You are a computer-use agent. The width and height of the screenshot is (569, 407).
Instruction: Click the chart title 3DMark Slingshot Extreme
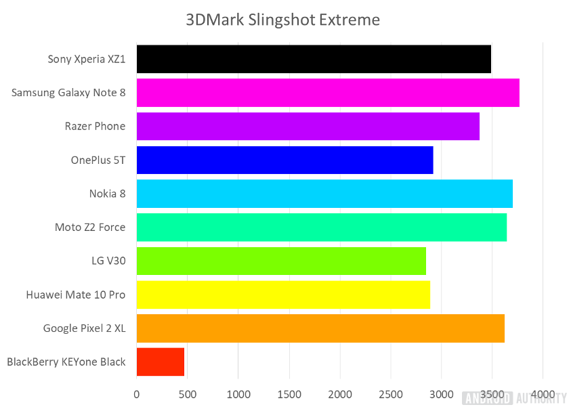point(283,20)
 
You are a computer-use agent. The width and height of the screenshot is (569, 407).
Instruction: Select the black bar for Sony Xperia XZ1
point(314,59)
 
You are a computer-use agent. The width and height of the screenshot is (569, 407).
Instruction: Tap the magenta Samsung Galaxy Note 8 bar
point(328,93)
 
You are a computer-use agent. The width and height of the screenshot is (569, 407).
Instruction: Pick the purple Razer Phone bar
point(308,126)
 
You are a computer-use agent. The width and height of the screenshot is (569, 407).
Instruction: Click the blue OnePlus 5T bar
point(284,160)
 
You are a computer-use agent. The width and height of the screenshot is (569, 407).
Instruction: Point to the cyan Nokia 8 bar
point(324,194)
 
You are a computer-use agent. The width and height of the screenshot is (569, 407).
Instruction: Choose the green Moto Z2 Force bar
point(321,227)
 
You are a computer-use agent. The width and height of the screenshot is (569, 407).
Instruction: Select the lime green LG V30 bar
point(281,261)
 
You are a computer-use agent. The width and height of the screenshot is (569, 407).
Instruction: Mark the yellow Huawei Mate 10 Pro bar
point(283,295)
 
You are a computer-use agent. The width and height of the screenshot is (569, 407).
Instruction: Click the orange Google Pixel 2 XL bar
point(320,328)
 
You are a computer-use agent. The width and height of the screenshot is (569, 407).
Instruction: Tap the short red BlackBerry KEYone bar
point(161,362)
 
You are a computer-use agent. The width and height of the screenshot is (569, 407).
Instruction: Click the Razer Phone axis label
point(95,126)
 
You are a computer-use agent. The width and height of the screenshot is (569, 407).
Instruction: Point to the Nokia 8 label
point(107,194)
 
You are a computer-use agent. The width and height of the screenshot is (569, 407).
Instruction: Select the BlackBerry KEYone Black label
point(66,362)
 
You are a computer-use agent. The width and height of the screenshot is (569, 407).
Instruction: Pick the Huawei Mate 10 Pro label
point(76,295)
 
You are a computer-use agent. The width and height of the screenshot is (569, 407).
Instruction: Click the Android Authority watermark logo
point(513,398)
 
